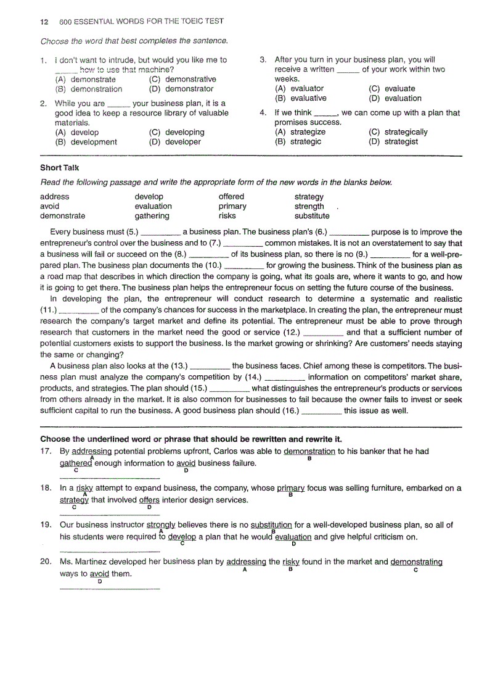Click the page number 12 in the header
tap(44, 22)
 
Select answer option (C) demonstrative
tap(182, 80)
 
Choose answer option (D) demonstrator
tap(181, 89)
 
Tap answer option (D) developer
tap(175, 142)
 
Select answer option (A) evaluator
tap(299, 89)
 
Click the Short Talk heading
tap(60, 168)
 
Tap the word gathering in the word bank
tap(152, 216)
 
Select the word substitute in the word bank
tap(312, 216)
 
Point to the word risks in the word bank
tap(227, 216)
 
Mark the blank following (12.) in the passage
tap(324, 333)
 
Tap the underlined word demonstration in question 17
tap(309, 452)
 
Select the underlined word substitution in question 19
tap(271, 525)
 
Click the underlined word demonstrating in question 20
tap(416, 563)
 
